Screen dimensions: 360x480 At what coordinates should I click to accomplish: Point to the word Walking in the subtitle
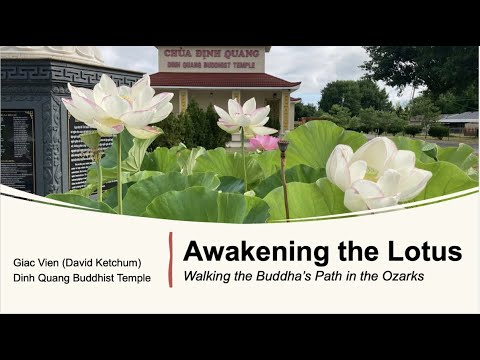207,274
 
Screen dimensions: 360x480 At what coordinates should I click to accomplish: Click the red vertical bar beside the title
171,260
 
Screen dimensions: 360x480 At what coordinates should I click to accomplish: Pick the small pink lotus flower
263,143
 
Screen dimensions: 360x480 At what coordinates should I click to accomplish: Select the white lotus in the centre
243,116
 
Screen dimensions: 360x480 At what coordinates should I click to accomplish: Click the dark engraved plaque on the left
17,150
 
